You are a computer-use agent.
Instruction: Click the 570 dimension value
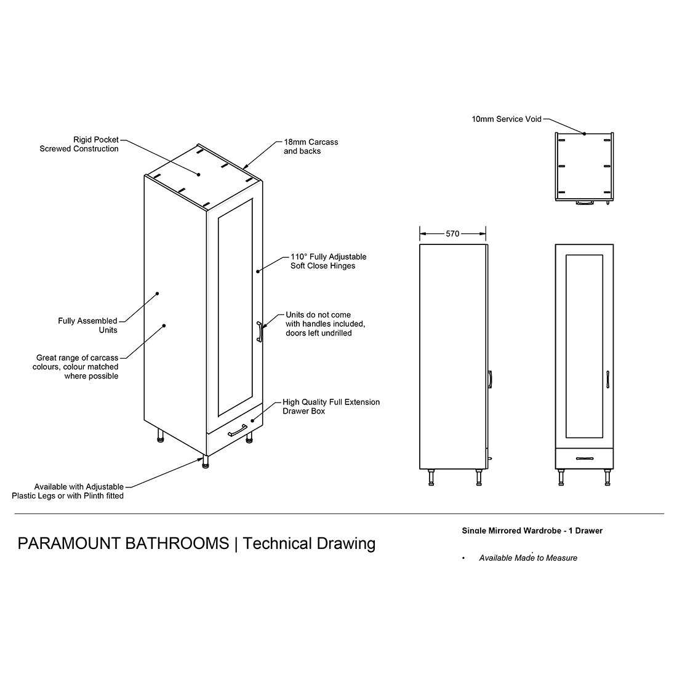452,234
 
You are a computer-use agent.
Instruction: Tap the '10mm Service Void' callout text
507,119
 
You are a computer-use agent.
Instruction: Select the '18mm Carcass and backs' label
311,146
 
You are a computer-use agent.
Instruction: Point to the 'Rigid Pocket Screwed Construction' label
79,144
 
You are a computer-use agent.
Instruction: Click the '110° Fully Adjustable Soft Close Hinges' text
328,261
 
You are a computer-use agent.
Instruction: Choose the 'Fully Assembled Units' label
87,325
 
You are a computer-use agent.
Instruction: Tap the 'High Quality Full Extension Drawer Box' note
331,406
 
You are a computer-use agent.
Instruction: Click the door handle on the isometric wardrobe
259,332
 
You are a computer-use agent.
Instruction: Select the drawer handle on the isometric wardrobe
238,430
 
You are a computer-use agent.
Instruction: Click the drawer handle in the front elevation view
584,459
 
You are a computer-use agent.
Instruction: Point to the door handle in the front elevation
608,380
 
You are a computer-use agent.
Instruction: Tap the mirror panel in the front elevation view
584,346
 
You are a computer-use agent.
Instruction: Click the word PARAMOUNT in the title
69,543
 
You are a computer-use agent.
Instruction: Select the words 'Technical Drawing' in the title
309,543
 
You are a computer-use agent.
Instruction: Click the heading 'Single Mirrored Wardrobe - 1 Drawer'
532,531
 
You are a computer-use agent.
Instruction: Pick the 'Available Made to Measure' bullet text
528,558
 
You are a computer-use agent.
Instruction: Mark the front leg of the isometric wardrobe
206,462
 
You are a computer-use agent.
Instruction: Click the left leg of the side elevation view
431,478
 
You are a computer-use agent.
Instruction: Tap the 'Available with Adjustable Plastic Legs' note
68,491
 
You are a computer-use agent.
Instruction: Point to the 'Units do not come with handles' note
325,324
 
